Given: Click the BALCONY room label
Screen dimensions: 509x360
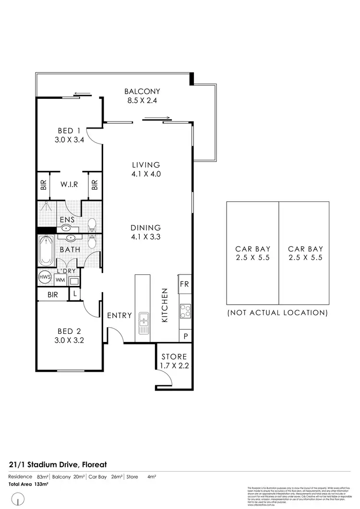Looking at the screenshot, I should (142, 91).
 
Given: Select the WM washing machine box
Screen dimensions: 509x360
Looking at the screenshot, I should (60, 279).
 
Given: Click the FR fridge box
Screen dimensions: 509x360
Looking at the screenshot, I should (185, 284).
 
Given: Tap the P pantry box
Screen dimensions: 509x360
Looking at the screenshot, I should (185, 336).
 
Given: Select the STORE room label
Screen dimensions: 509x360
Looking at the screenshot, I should (174, 357).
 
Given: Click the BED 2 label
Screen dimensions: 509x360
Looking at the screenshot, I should (69, 331).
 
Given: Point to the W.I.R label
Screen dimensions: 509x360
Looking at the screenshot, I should (69, 184).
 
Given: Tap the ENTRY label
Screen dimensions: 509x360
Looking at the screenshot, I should (119, 315).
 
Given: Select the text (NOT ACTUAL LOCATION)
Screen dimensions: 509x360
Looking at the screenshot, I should (277, 312).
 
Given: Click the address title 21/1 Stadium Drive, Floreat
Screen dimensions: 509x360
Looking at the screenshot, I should (57, 464).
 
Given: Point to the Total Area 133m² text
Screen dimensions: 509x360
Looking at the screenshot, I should (28, 484).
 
